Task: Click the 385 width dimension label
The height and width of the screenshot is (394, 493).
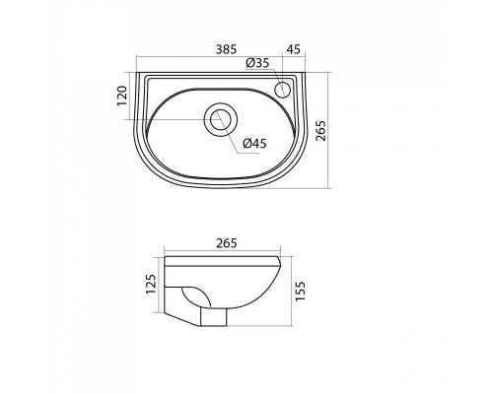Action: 226,49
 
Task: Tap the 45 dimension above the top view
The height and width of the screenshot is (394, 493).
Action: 294,49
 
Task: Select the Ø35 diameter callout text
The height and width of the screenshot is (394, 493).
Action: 257,63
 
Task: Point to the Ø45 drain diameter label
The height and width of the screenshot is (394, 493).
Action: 255,144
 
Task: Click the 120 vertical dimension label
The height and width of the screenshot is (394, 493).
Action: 122,96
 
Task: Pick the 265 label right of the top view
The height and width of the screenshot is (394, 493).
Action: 320,131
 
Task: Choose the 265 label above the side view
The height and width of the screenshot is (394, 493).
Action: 227,243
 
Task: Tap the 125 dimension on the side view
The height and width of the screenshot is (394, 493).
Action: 150,284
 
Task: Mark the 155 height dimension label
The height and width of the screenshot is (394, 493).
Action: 300,291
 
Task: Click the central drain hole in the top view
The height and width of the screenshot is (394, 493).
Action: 221,119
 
